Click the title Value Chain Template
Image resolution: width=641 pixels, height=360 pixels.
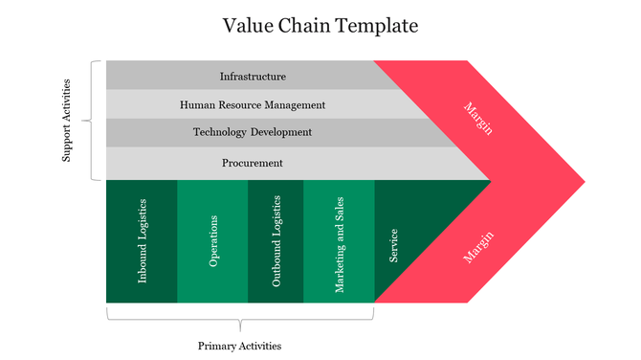(320, 25)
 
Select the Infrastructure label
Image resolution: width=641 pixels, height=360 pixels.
(253, 76)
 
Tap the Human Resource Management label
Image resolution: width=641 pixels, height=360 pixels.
(253, 104)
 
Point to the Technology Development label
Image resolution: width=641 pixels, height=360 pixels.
(253, 132)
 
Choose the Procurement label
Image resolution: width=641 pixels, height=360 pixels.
(253, 163)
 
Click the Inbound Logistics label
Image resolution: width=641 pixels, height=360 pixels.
(143, 240)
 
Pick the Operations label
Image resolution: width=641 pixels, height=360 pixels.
(213, 241)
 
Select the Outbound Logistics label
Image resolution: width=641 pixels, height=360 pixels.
(276, 241)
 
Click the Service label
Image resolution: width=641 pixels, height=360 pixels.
(393, 245)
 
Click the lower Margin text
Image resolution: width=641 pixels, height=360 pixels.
(477, 246)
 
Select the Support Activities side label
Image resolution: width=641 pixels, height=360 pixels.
(67, 121)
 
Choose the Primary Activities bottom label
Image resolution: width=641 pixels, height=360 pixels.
(239, 346)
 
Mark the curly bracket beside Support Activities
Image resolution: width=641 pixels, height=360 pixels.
(94, 121)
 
